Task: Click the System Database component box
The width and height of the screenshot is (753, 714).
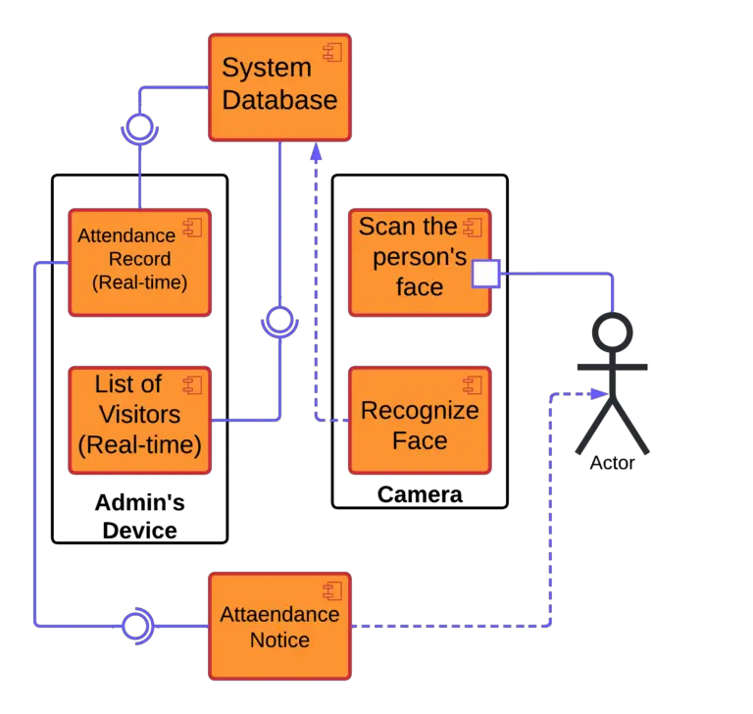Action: click(279, 86)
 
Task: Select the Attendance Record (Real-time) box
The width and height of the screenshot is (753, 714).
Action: click(139, 261)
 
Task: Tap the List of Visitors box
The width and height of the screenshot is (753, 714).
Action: click(139, 420)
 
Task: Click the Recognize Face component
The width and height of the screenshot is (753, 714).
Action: click(420, 420)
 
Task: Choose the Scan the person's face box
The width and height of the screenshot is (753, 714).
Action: click(420, 261)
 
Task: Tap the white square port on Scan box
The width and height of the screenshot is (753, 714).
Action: click(485, 274)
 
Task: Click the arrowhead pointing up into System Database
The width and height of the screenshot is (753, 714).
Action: click(315, 150)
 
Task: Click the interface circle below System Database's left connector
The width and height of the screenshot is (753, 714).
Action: click(139, 126)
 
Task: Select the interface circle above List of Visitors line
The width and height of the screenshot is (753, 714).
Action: click(279, 319)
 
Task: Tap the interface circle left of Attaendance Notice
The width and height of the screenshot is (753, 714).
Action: click(136, 624)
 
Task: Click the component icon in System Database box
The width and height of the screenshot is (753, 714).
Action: click(332, 52)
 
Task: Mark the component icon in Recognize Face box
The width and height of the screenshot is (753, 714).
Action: click(474, 384)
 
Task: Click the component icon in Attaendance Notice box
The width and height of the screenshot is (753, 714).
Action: click(332, 590)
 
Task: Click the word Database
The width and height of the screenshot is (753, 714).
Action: click(279, 99)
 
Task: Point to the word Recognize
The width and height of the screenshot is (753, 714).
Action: click(420, 410)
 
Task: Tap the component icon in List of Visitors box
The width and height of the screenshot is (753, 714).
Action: click(192, 383)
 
